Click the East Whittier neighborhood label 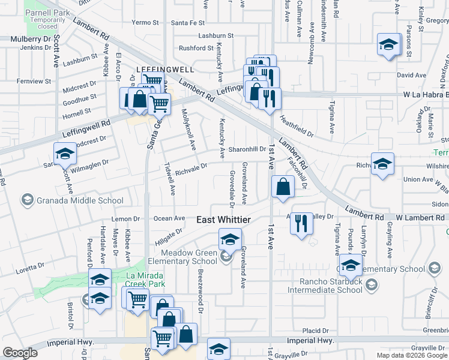click(224, 220)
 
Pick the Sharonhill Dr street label click(246, 149)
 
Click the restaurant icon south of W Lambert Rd click(301, 223)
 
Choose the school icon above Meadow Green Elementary click(229, 239)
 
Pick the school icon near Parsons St click(388, 45)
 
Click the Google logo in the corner click(20, 353)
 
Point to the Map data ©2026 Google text click(411, 355)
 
